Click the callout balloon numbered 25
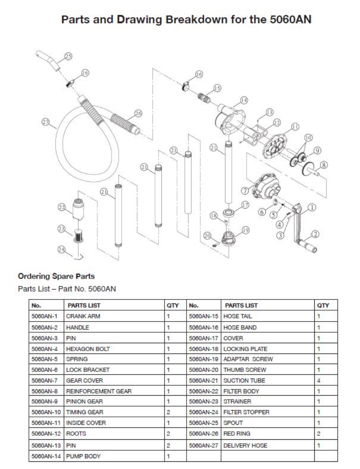[x=68, y=57]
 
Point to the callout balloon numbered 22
[x=61, y=207]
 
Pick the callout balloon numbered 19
[x=245, y=230]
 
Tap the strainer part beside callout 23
[x=78, y=235]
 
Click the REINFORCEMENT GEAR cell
[x=93, y=391]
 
